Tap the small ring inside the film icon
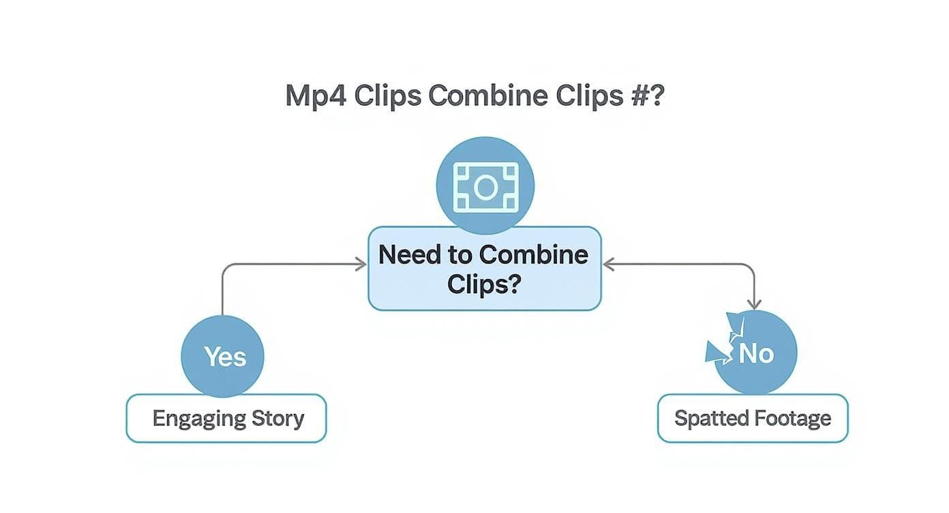click(485, 186)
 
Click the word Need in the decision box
click(406, 255)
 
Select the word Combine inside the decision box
click(533, 255)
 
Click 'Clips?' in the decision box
click(485, 284)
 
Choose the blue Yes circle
click(223, 355)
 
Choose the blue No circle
click(755, 353)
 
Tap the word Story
click(277, 417)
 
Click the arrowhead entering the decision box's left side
click(361, 264)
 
